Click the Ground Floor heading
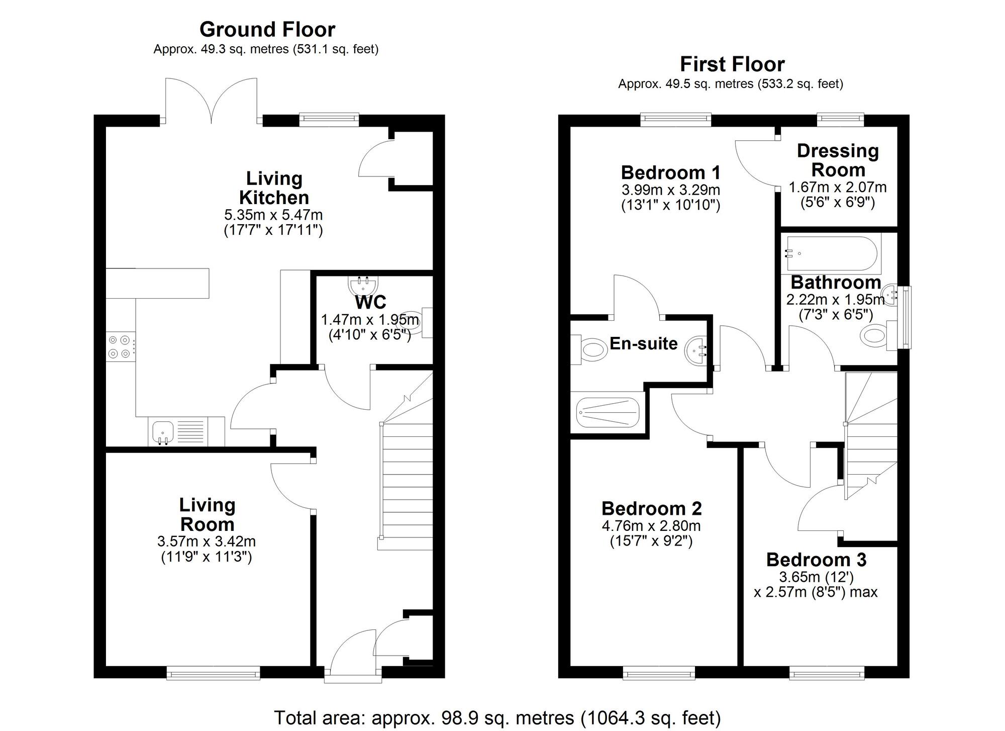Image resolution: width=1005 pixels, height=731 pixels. pos(267,30)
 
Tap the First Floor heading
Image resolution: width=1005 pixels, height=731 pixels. pos(732,64)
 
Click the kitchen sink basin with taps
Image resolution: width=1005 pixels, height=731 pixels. pos(162,431)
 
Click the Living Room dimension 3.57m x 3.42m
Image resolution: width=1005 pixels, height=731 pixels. pos(207,541)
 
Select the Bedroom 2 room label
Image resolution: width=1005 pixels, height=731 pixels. pos(651,509)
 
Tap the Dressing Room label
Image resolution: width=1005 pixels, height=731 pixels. pos(838,160)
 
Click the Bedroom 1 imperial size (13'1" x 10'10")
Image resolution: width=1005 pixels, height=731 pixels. pos(671,205)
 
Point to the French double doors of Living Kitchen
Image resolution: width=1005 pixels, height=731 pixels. pos(212,101)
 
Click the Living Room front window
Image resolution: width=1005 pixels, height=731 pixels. pos(213,673)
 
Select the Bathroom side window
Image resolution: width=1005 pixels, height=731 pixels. pos(906,317)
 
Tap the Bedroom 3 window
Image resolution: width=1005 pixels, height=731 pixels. pos(827,673)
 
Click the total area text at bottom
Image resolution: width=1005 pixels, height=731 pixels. pos(497,717)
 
